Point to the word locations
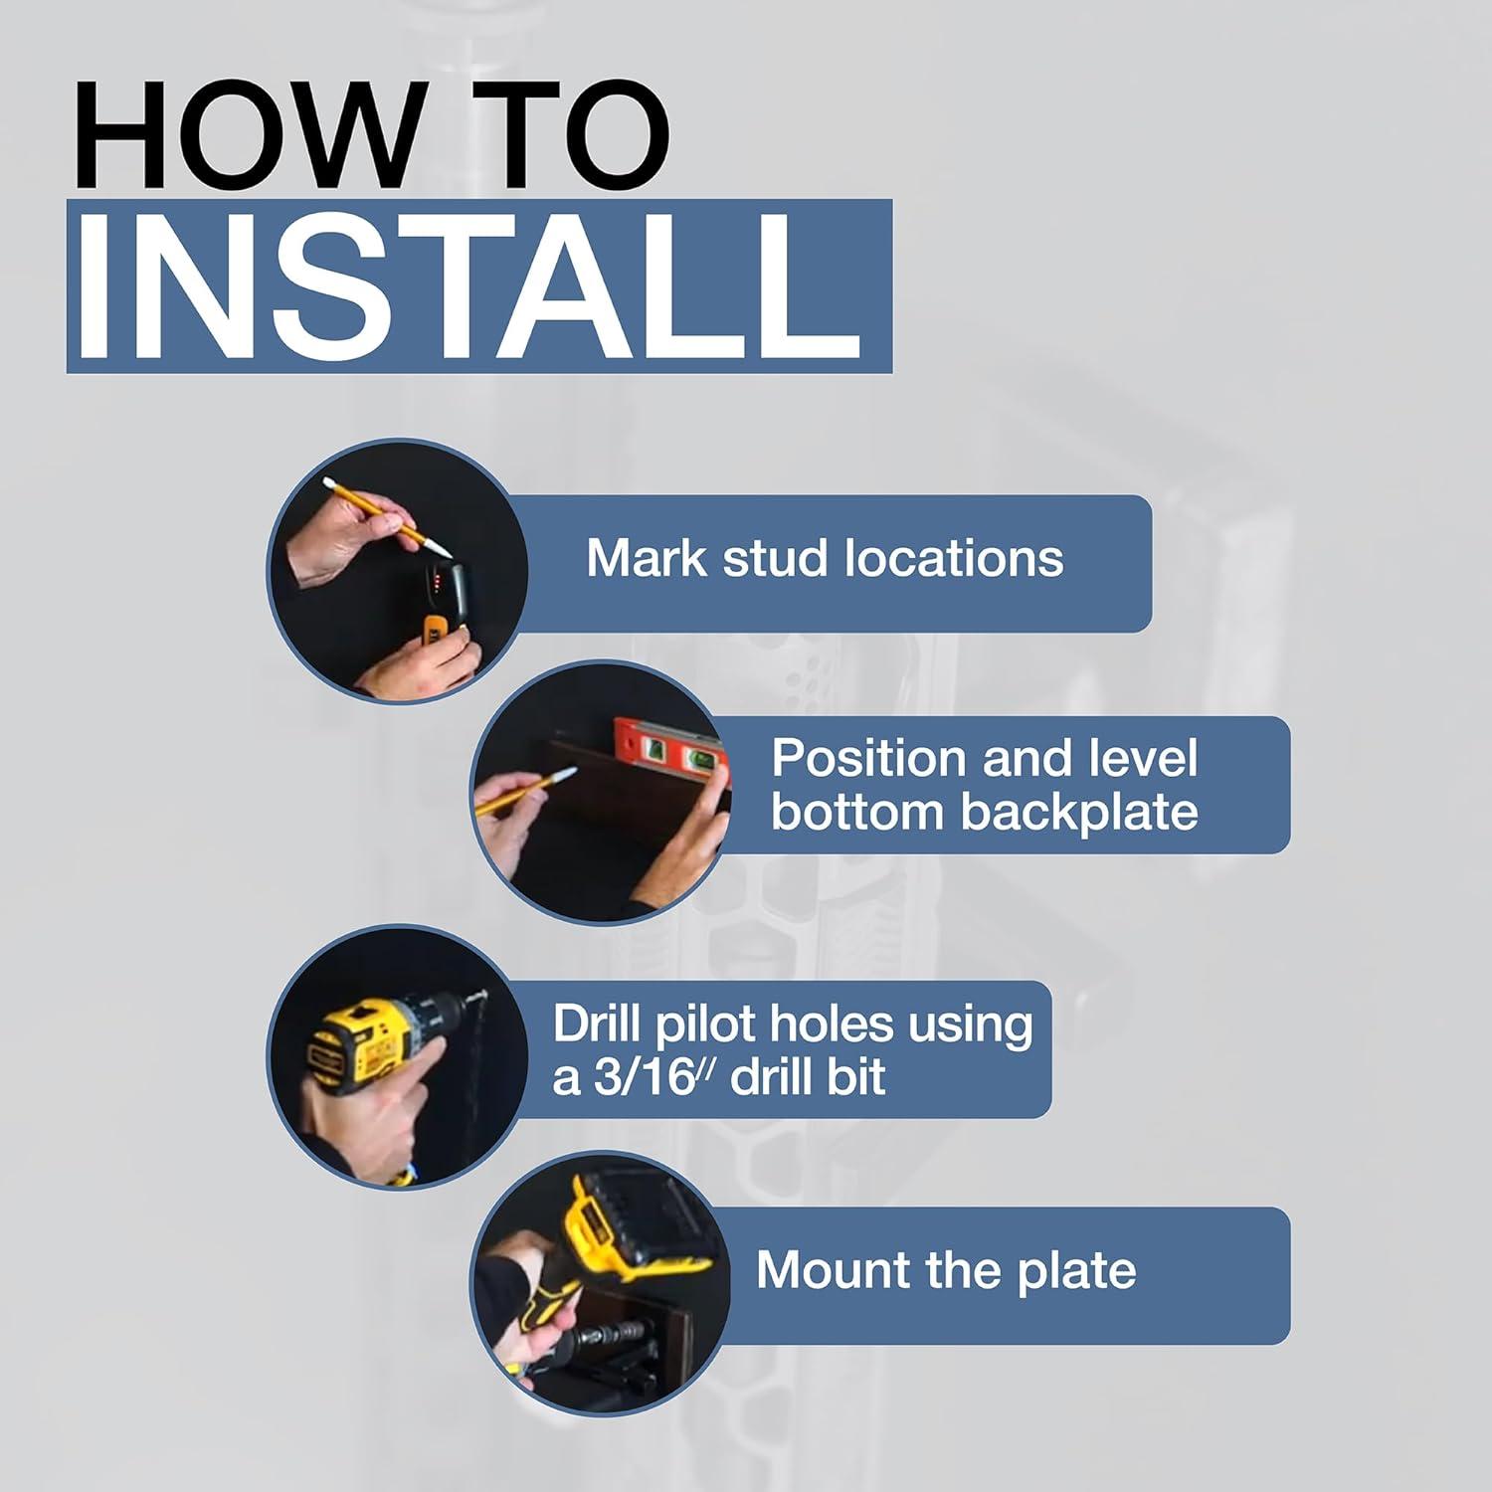tap(954, 558)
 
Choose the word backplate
tap(1078, 813)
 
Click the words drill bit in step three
tap(807, 1078)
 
